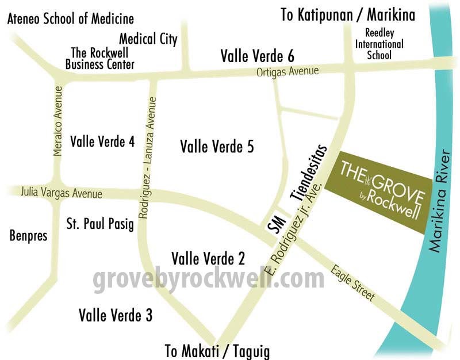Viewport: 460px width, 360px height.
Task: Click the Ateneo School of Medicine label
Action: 70,19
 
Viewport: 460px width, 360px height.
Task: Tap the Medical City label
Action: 148,39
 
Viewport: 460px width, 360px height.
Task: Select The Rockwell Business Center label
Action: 99,58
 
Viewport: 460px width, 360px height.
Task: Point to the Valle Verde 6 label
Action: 258,56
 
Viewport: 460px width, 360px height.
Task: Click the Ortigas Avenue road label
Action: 287,72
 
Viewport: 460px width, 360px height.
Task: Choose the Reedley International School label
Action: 379,44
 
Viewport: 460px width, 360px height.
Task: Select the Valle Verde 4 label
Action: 102,141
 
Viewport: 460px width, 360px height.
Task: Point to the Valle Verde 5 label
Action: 217,147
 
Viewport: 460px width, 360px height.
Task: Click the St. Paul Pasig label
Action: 100,223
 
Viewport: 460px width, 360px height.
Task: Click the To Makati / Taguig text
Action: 217,351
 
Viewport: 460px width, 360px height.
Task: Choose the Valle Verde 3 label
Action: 116,315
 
